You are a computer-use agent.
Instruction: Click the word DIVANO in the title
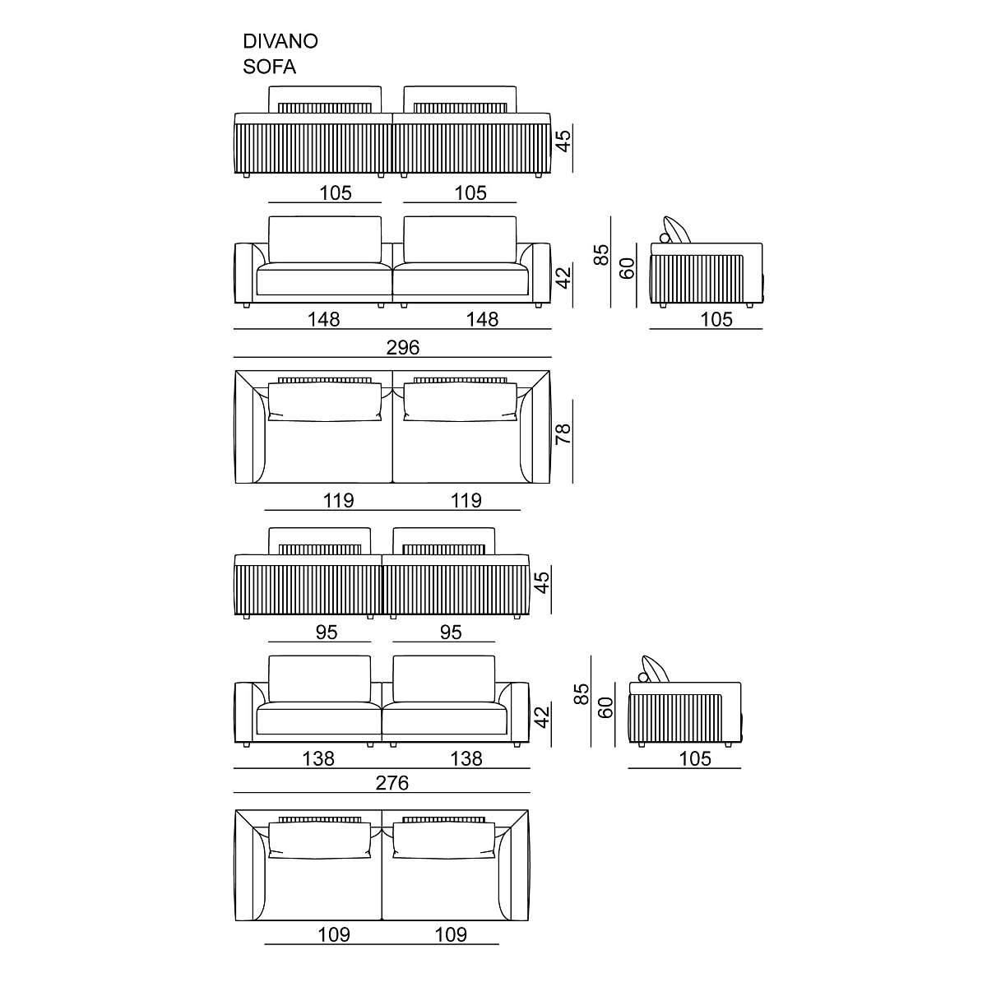coord(280,41)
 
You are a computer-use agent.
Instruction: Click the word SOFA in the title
coord(270,67)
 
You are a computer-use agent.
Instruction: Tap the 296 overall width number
coord(403,348)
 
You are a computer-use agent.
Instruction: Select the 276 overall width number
coord(392,783)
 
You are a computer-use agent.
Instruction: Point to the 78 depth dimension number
coord(563,434)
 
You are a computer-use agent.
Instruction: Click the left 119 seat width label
coord(339,500)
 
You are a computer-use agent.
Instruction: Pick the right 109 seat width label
coord(451,934)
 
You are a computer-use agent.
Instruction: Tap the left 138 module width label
coord(318,758)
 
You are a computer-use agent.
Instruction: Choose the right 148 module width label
coord(482,320)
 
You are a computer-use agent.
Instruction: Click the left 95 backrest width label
coord(327,633)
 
